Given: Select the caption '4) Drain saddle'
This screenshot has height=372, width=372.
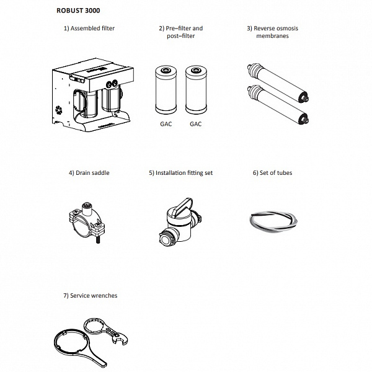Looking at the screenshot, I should click(x=89, y=173).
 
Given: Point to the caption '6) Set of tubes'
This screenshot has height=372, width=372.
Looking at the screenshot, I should click(x=272, y=173).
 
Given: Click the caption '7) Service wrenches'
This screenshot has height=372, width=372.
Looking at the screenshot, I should click(x=90, y=296).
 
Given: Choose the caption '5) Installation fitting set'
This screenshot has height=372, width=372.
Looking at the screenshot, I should click(x=180, y=173).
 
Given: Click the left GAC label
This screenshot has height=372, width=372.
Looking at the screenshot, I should click(x=165, y=124).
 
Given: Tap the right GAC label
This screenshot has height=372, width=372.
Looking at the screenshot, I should click(x=196, y=124).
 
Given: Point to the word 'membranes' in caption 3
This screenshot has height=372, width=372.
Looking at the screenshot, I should click(x=272, y=36).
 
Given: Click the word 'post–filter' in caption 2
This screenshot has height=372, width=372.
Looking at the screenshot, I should click(x=180, y=36).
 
